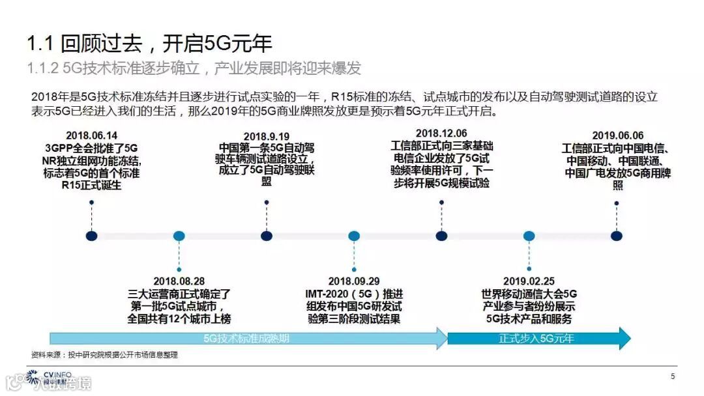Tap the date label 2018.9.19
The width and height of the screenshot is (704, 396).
pyautogui.click(x=267, y=135)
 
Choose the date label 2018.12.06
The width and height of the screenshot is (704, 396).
pyautogui.click(x=441, y=133)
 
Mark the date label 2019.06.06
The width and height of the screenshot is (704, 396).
pyautogui.click(x=617, y=135)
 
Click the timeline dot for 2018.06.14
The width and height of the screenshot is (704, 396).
pyautogui.click(x=92, y=236)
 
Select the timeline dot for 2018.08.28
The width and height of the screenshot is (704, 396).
pyautogui.click(x=179, y=236)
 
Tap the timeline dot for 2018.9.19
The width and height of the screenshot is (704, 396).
pyautogui.click(x=267, y=236)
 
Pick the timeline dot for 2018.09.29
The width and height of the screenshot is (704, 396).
pyautogui.click(x=354, y=236)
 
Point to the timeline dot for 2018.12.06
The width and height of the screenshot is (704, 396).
pyautogui.click(x=441, y=236)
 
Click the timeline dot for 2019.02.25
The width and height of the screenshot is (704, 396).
pyautogui.click(x=529, y=236)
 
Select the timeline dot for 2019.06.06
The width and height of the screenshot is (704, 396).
pyautogui.click(x=617, y=236)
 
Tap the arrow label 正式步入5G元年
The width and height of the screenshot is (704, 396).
pyautogui.click(x=536, y=339)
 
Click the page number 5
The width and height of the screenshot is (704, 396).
pyautogui.click(x=673, y=376)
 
